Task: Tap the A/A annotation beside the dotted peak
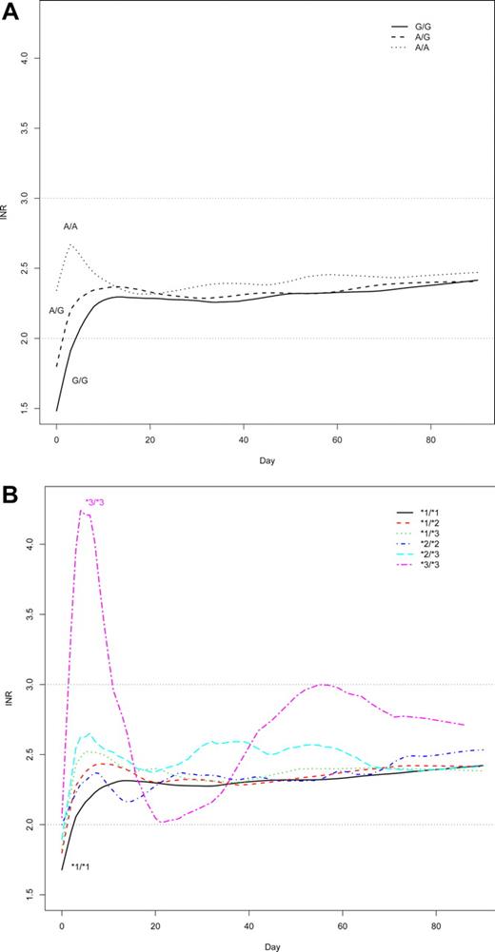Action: [70, 226]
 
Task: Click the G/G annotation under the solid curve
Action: [81, 380]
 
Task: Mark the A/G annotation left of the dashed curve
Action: [56, 310]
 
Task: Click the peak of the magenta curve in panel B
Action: [83, 512]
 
